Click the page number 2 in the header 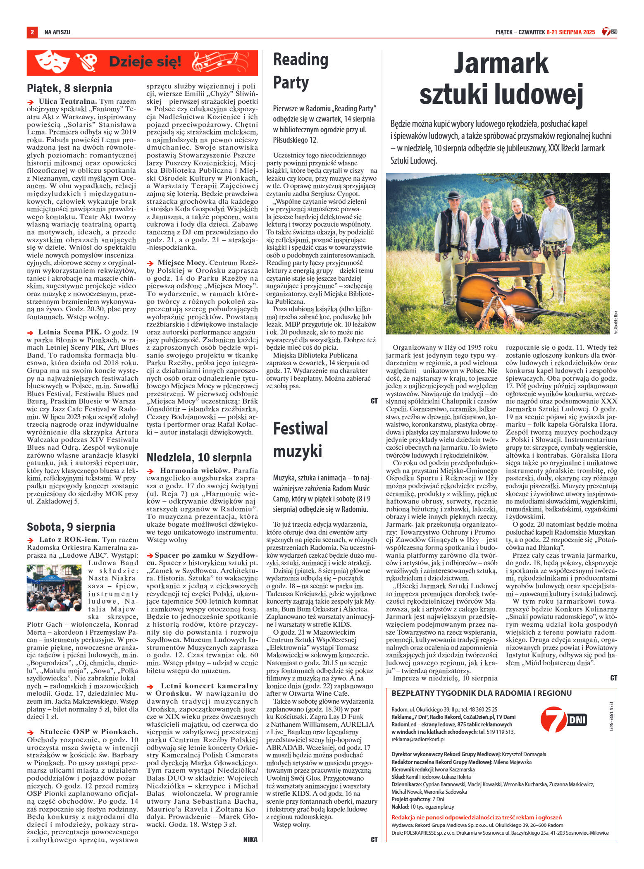click(32, 32)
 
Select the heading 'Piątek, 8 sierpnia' click(69, 88)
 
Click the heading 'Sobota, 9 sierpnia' click(71, 527)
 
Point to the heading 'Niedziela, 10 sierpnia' click(199, 457)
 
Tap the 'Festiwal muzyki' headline click(301, 439)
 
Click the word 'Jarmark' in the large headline click(501, 64)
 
